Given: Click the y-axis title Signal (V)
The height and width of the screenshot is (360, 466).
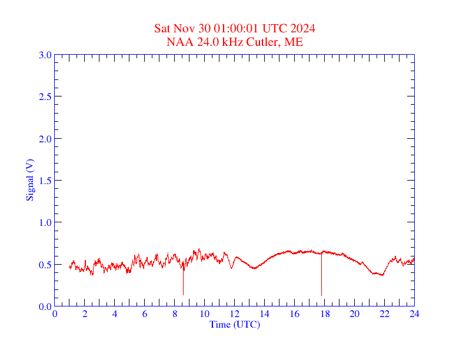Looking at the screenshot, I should (x=29, y=180).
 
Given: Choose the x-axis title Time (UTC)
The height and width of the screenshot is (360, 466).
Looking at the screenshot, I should (x=235, y=324).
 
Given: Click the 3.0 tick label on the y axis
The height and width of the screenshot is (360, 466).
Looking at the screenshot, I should (x=45, y=55).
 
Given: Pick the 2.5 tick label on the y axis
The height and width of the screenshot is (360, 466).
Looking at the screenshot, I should (x=45, y=96).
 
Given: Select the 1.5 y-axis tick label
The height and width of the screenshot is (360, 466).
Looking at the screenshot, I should (x=45, y=181).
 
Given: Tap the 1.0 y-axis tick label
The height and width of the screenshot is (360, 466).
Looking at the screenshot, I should (x=45, y=222).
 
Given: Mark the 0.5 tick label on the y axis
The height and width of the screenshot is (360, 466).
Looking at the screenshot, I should (x=45, y=265).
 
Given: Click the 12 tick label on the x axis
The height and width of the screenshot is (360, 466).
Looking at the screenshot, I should (x=235, y=314).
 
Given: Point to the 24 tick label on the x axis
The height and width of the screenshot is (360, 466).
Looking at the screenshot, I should (x=414, y=314).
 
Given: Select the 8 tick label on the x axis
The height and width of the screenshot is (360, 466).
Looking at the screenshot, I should (x=175, y=314).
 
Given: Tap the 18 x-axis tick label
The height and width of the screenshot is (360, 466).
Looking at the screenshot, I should (x=324, y=314).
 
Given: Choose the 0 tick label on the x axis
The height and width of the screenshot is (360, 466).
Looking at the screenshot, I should (x=55, y=314).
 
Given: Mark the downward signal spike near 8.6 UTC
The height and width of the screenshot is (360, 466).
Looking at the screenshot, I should (x=183, y=285).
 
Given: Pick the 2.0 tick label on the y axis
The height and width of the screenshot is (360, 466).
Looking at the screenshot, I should (x=45, y=139).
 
